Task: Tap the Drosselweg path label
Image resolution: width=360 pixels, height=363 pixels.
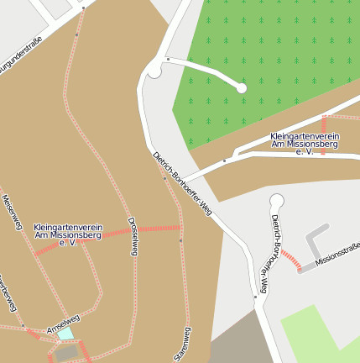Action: [133, 236]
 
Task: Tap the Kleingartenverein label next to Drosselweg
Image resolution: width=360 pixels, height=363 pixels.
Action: [68, 235]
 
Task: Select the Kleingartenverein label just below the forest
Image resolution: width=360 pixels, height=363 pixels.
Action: [305, 143]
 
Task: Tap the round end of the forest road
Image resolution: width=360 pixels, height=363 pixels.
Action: [242, 87]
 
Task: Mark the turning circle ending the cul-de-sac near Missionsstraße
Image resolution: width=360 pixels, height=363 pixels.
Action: [277, 200]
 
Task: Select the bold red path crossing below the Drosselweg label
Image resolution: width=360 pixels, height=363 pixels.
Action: [159, 228]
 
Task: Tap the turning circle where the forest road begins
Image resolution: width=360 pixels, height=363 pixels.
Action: [154, 71]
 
